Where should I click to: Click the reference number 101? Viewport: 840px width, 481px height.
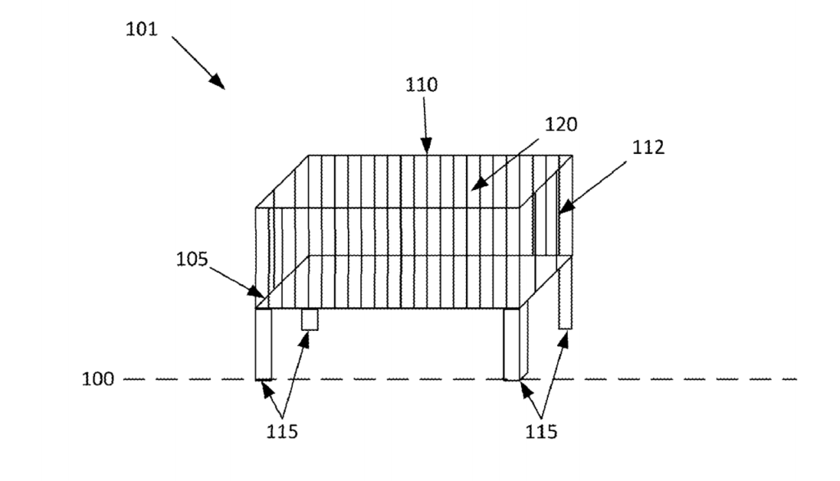[142, 29]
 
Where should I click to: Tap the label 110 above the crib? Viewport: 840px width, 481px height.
[422, 84]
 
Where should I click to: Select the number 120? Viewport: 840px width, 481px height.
[561, 125]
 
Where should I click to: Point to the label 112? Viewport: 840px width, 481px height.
[648, 147]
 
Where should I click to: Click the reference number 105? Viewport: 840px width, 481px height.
[192, 260]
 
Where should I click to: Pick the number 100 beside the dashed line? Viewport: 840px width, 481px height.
[98, 379]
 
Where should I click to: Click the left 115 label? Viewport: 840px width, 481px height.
[282, 431]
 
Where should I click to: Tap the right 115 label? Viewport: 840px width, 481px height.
[541, 431]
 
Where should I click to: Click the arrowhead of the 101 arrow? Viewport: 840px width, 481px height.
[217, 81]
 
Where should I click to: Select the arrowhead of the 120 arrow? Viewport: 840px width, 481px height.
[479, 183]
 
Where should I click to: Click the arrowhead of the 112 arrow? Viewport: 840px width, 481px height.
[566, 207]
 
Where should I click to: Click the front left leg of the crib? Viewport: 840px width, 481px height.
[263, 344]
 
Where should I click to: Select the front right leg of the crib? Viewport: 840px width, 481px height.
[512, 344]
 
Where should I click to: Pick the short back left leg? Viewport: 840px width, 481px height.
[309, 320]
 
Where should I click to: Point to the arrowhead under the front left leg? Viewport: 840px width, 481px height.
[267, 389]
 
